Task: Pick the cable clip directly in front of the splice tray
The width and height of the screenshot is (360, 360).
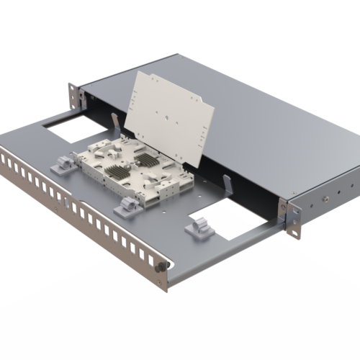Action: pyautogui.click(x=125, y=207)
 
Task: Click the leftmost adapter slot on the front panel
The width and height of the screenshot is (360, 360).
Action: pyautogui.click(x=9, y=159)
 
